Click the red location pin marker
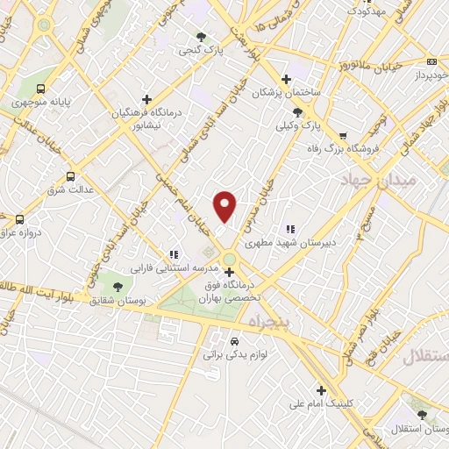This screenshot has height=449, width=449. click(225, 205)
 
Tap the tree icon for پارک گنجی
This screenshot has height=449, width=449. click(203, 36)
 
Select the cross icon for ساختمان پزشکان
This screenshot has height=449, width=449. click(286, 78)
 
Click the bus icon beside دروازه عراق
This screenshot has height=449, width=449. click(19, 218)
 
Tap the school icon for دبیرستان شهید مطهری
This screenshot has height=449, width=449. click(291, 230)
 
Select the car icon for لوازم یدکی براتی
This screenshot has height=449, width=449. click(234, 341)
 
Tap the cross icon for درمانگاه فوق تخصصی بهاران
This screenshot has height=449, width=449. click(230, 272)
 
